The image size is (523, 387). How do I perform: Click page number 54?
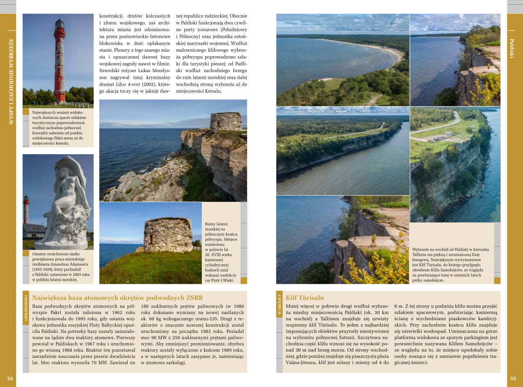pyautogui.click(x=10, y=378)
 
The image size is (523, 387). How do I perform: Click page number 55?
pyautogui.click(x=513, y=378)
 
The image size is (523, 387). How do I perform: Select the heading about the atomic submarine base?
pyautogui.click(x=117, y=298)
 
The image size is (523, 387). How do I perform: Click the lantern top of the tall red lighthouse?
pyautogui.click(x=59, y=25)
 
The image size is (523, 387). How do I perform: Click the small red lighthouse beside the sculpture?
pyautogui.click(x=26, y=209)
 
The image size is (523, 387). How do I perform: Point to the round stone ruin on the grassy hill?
pyautogui.click(x=168, y=234)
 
